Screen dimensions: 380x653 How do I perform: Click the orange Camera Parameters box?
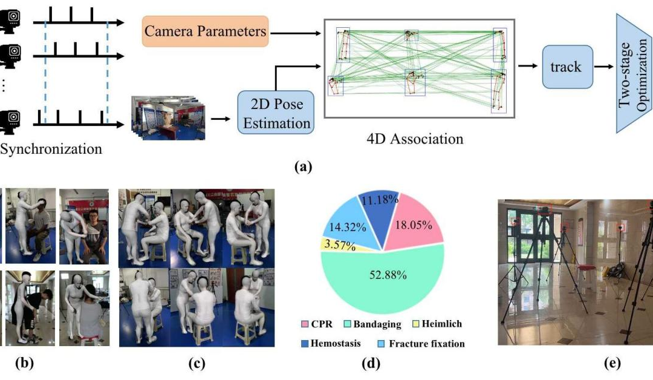point(206,31)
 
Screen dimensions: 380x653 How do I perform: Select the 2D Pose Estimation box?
point(276,113)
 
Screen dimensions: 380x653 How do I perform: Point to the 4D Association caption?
point(415,139)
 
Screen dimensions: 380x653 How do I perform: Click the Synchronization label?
point(51,149)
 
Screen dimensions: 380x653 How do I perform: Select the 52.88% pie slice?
point(384,278)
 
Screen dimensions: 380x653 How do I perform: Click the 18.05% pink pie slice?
point(415,224)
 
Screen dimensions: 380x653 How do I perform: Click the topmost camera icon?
point(10,21)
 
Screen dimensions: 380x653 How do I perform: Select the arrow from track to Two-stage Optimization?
point(602,67)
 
